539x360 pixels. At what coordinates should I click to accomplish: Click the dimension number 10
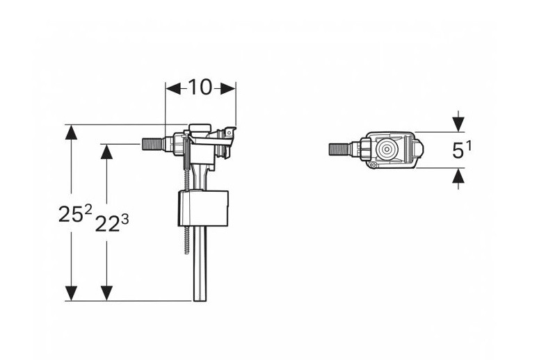(201, 88)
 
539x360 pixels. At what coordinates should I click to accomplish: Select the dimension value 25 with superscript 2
(76, 213)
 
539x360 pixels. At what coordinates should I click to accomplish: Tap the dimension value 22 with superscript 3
(112, 223)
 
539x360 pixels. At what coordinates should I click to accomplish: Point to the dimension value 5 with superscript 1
(462, 150)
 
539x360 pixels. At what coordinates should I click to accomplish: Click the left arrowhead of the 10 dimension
(173, 89)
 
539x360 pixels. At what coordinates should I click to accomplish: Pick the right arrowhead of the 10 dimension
(227, 89)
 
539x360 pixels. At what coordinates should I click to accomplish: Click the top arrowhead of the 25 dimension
(71, 132)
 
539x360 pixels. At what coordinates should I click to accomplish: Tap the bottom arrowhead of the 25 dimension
(71, 293)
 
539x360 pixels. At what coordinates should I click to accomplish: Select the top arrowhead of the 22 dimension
(107, 152)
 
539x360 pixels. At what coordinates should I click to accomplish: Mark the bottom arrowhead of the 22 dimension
(107, 293)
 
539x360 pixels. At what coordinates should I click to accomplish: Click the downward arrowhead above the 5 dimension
(458, 124)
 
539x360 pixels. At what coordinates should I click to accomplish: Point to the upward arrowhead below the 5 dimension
(458, 177)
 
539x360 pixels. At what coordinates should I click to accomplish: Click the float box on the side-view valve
(203, 208)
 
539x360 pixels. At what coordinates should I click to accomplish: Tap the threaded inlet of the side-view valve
(152, 144)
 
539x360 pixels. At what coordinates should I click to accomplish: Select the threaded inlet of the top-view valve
(339, 149)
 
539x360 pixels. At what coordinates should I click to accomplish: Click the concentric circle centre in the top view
(387, 149)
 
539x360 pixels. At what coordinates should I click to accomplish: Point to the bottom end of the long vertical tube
(200, 300)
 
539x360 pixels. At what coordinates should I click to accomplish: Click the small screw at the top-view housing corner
(374, 165)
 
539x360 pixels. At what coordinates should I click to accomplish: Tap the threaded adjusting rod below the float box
(186, 240)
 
